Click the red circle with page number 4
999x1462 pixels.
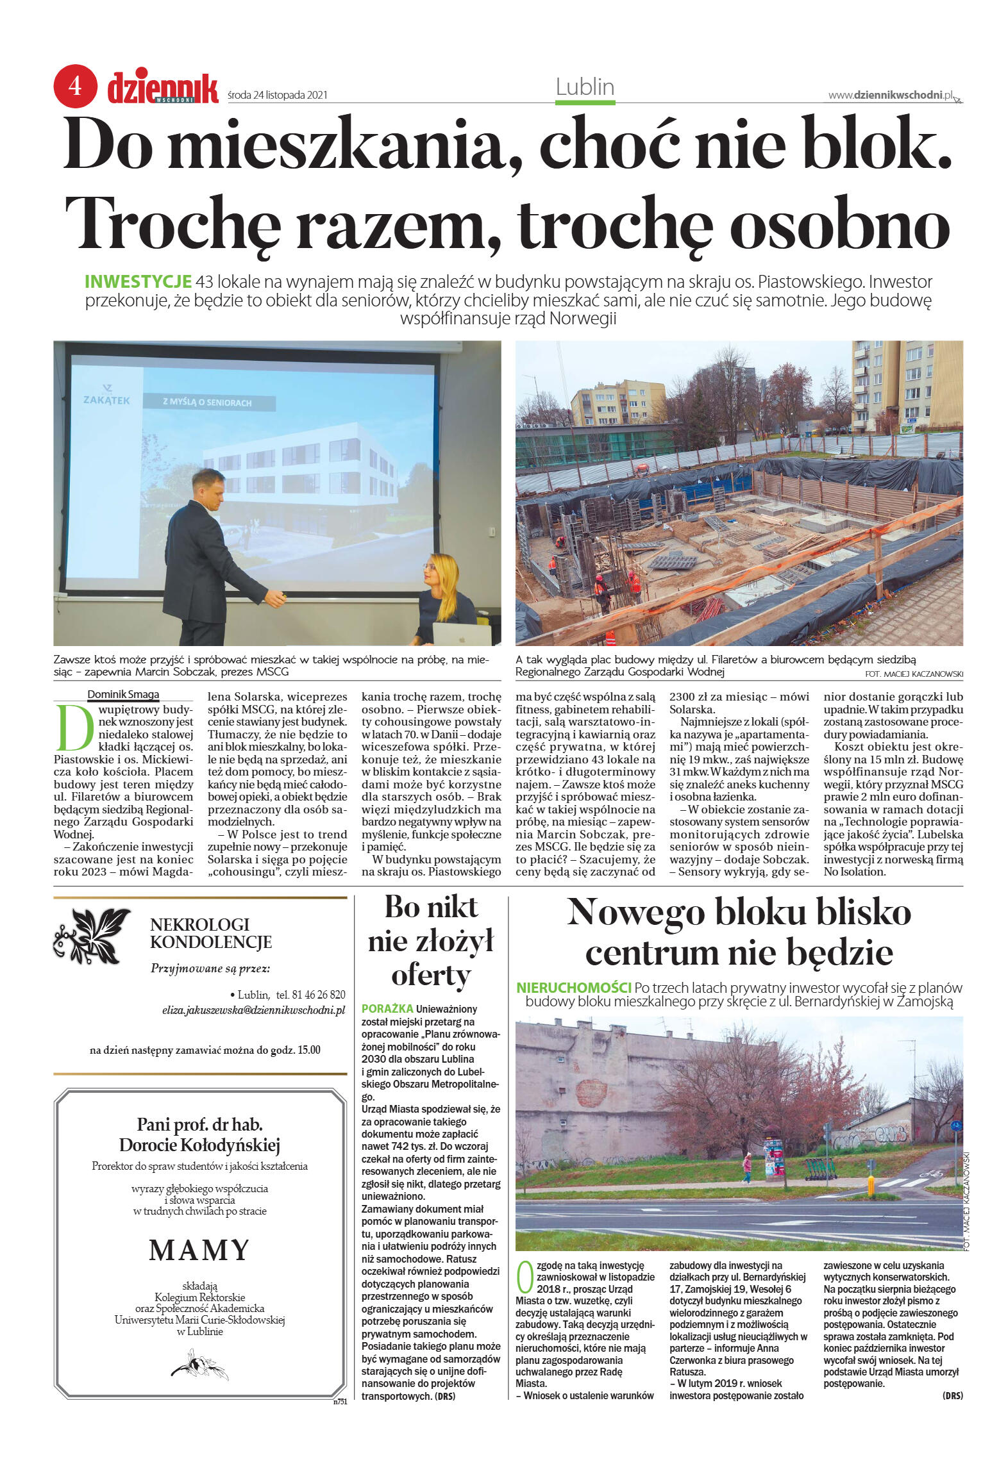75,86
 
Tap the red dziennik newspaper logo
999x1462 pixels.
163,88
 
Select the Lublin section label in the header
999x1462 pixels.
585,87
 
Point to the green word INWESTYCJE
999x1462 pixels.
138,281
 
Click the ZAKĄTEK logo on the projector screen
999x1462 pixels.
106,395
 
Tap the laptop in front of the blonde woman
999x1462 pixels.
462,633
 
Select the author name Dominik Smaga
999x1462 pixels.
123,694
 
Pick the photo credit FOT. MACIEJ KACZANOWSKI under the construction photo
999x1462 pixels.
913,674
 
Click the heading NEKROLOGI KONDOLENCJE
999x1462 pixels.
210,933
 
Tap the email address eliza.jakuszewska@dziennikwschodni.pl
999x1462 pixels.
253,1010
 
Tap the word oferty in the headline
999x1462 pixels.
431,976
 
